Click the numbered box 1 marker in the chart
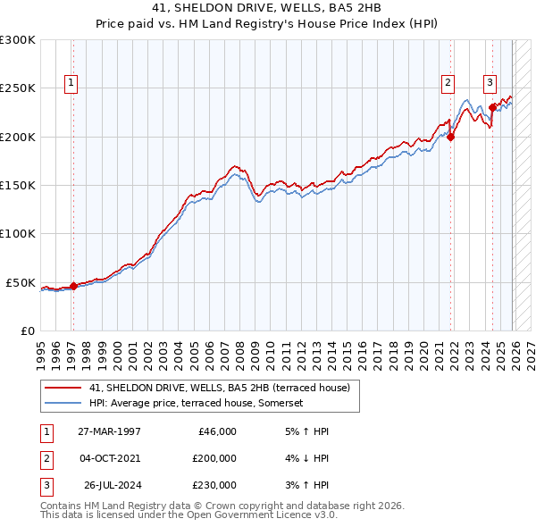[x=71, y=83]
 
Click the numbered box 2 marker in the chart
[x=448, y=83]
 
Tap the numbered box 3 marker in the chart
[x=490, y=83]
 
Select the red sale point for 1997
[x=73, y=287]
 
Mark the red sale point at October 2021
[x=451, y=137]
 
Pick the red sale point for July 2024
[x=492, y=107]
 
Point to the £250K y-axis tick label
[x=18, y=88]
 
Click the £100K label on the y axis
[x=18, y=234]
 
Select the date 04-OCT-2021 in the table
[x=109, y=458]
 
